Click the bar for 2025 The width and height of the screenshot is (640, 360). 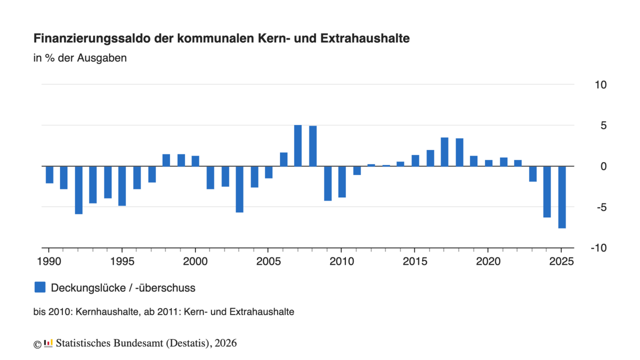click(x=562, y=197)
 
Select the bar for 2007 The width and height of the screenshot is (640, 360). click(x=298, y=145)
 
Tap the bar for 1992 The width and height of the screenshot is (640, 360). click(x=78, y=190)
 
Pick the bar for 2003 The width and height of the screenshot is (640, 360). click(x=240, y=189)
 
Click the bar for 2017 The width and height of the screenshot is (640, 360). click(x=444, y=152)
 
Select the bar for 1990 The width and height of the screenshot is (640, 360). click(x=49, y=175)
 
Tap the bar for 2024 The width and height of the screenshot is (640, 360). click(x=547, y=191)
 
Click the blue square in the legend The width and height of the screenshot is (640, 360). click(x=40, y=288)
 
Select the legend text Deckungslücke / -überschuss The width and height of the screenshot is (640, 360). click(x=123, y=288)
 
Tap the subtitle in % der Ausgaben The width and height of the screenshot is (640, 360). click(x=80, y=59)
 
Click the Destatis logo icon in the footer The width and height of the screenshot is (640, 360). click(x=48, y=343)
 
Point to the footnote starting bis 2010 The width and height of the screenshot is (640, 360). click(x=163, y=312)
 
